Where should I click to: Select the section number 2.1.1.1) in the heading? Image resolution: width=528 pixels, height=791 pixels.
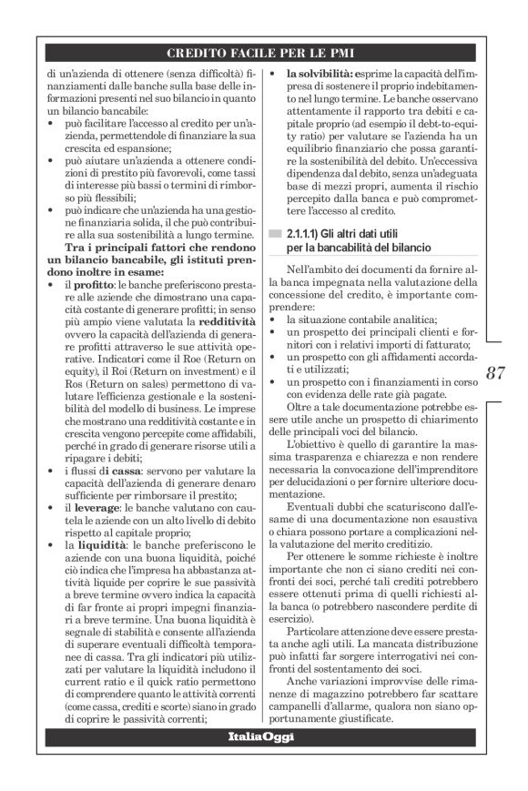(307, 234)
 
